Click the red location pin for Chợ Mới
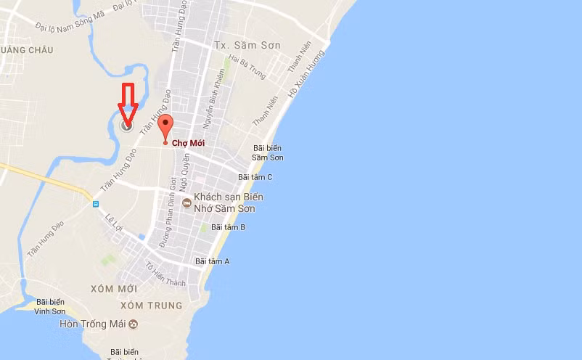[165, 126]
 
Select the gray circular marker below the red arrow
[127, 126]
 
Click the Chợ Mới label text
[188, 143]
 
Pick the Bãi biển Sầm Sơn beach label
[268, 152]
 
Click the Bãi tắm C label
[255, 177]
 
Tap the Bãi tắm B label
[228, 227]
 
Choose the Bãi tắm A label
[212, 261]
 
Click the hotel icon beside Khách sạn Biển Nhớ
[187, 202]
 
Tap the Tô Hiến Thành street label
[165, 274]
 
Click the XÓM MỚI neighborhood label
[113, 289]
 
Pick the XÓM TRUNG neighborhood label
[155, 306]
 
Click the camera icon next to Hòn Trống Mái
[133, 324]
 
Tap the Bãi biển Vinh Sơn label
[50, 306]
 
